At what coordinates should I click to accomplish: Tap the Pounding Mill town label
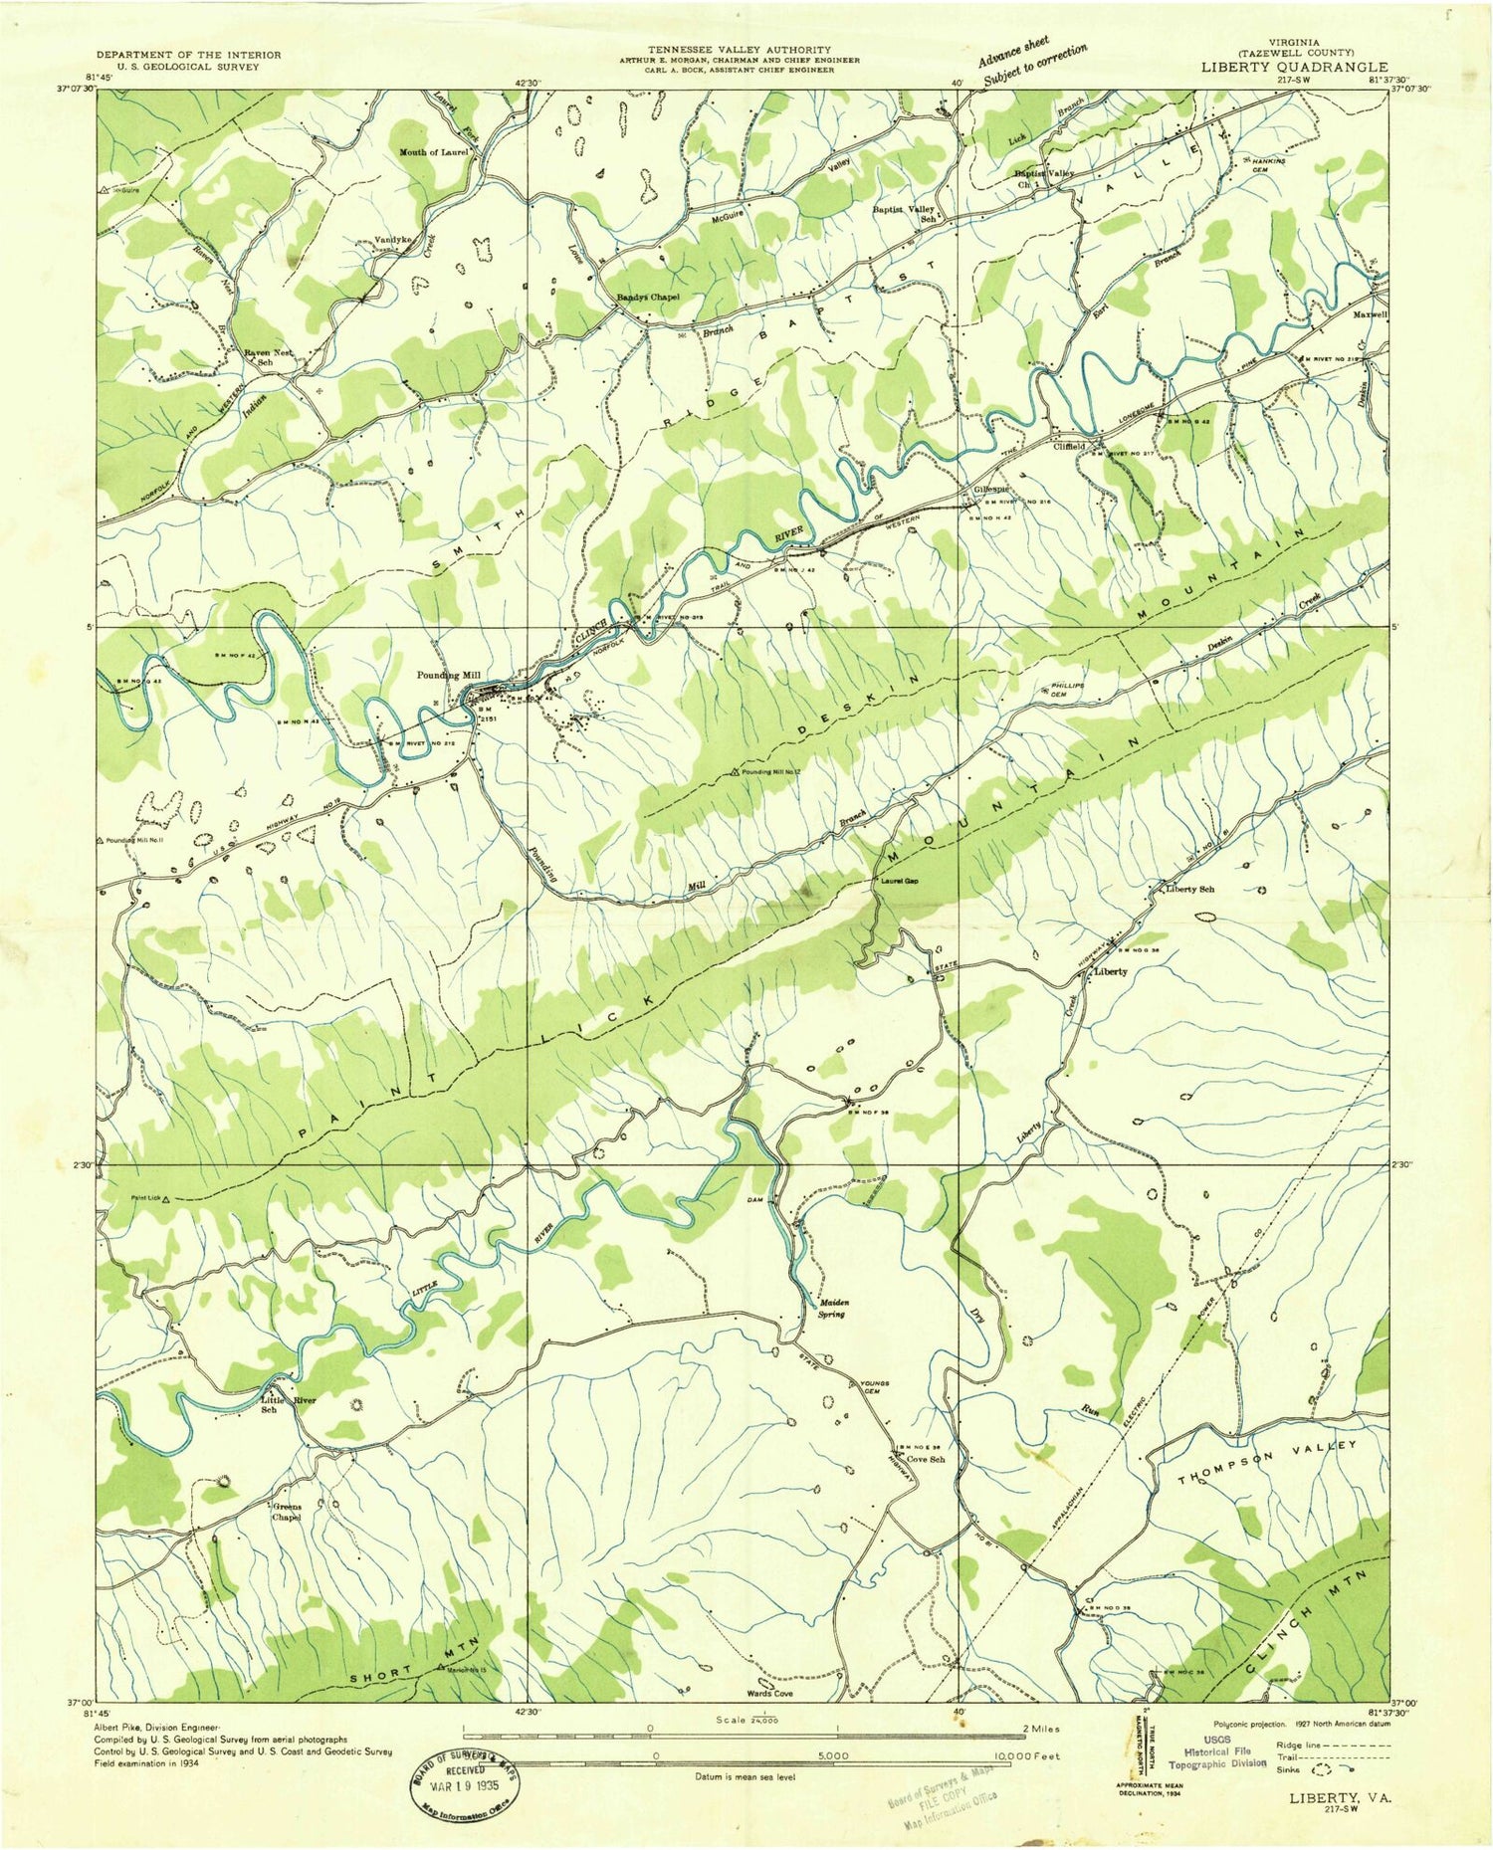[449, 675]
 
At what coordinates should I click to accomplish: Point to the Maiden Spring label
[832, 1308]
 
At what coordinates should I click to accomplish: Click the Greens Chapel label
[287, 1512]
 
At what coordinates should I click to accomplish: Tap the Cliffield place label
[1074, 447]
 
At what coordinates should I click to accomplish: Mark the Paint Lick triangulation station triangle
[166, 1200]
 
